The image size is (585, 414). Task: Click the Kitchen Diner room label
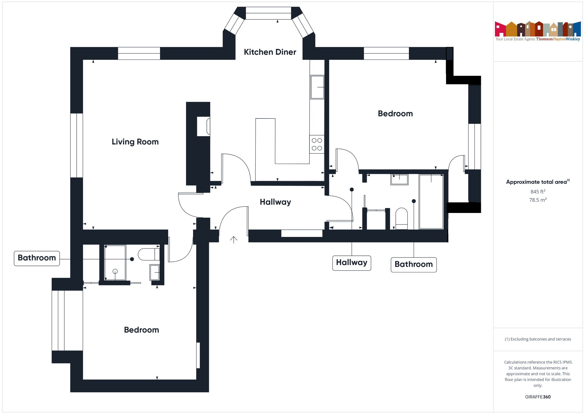270,52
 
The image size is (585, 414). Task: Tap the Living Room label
135,142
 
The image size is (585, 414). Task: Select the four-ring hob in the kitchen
317,144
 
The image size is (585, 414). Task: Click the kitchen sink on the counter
317,87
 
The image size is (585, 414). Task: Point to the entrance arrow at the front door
233,240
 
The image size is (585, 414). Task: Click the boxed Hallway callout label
352,263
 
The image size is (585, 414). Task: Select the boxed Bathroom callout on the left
37,258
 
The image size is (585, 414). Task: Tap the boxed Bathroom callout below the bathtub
414,264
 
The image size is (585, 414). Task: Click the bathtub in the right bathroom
431,202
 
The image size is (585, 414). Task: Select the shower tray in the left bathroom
115,262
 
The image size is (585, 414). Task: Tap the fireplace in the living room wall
204,126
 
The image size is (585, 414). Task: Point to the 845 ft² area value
538,192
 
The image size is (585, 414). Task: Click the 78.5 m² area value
538,200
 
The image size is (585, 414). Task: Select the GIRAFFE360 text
538,397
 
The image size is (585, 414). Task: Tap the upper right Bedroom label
395,114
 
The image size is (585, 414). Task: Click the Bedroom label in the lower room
142,330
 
